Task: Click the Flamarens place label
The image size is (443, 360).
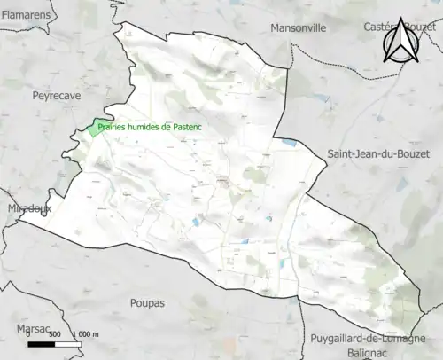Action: pyautogui.click(x=24, y=15)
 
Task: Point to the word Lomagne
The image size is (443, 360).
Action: pyautogui.click(x=407, y=339)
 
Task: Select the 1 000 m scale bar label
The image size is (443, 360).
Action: pyautogui.click(x=87, y=333)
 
